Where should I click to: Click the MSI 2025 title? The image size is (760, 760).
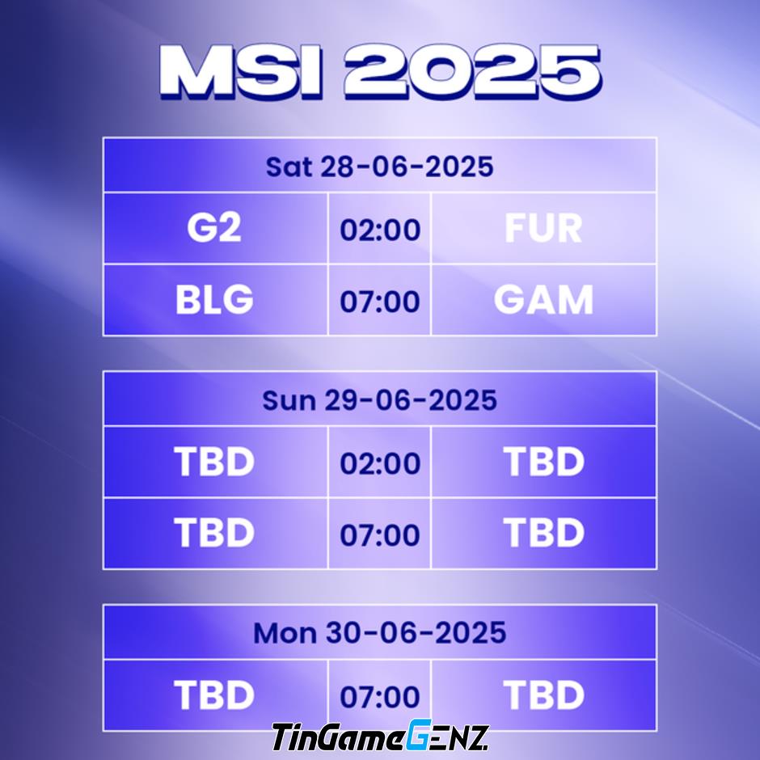tap(381, 72)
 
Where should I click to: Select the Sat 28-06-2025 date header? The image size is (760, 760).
tap(379, 167)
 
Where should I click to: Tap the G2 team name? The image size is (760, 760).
tap(214, 228)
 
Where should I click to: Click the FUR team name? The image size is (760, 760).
tap(543, 228)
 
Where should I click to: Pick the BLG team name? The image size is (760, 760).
tap(214, 299)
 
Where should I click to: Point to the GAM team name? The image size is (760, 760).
tap(543, 299)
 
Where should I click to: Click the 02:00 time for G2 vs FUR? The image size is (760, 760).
tap(380, 230)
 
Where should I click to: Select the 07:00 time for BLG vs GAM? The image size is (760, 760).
tap(380, 302)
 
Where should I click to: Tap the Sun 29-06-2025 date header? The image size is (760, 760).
tap(379, 400)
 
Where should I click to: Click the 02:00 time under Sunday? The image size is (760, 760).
tap(380, 463)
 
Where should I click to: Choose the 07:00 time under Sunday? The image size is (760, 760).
tap(380, 535)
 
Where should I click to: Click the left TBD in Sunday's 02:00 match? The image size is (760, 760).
tap(214, 462)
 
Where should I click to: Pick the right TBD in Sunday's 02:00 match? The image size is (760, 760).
tap(544, 462)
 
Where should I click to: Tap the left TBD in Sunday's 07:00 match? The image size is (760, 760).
tap(214, 533)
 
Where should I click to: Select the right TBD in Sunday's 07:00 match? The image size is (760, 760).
tap(544, 533)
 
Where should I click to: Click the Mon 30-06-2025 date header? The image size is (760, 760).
tap(379, 633)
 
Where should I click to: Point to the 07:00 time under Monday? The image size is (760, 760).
tap(380, 697)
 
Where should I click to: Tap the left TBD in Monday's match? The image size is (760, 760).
tap(214, 695)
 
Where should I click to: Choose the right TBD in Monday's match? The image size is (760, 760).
tap(544, 695)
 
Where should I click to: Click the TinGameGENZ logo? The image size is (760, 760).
tap(380, 736)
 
